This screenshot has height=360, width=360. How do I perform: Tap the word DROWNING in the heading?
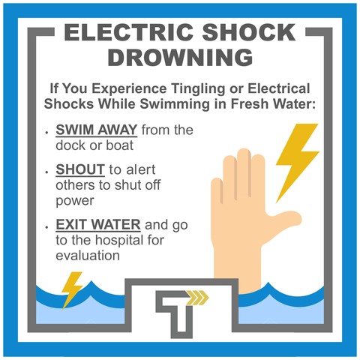[180, 57]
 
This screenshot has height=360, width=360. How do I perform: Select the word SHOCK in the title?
[249, 32]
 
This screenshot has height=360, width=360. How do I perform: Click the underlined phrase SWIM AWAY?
[97, 130]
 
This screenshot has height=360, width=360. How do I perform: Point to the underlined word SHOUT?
[80, 169]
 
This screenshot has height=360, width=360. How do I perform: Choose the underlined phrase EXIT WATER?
[98, 224]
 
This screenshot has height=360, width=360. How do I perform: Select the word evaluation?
[88, 256]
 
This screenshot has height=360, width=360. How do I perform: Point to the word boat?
[120, 145]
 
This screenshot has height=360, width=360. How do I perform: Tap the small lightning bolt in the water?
[72, 290]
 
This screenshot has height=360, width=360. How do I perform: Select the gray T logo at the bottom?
[175, 313]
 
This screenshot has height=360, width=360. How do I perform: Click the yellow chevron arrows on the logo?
[199, 298]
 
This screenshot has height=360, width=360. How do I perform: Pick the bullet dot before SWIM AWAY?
[46, 132]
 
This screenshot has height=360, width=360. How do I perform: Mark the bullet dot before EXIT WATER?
[46, 226]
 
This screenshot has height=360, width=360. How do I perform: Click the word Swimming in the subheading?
[175, 104]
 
